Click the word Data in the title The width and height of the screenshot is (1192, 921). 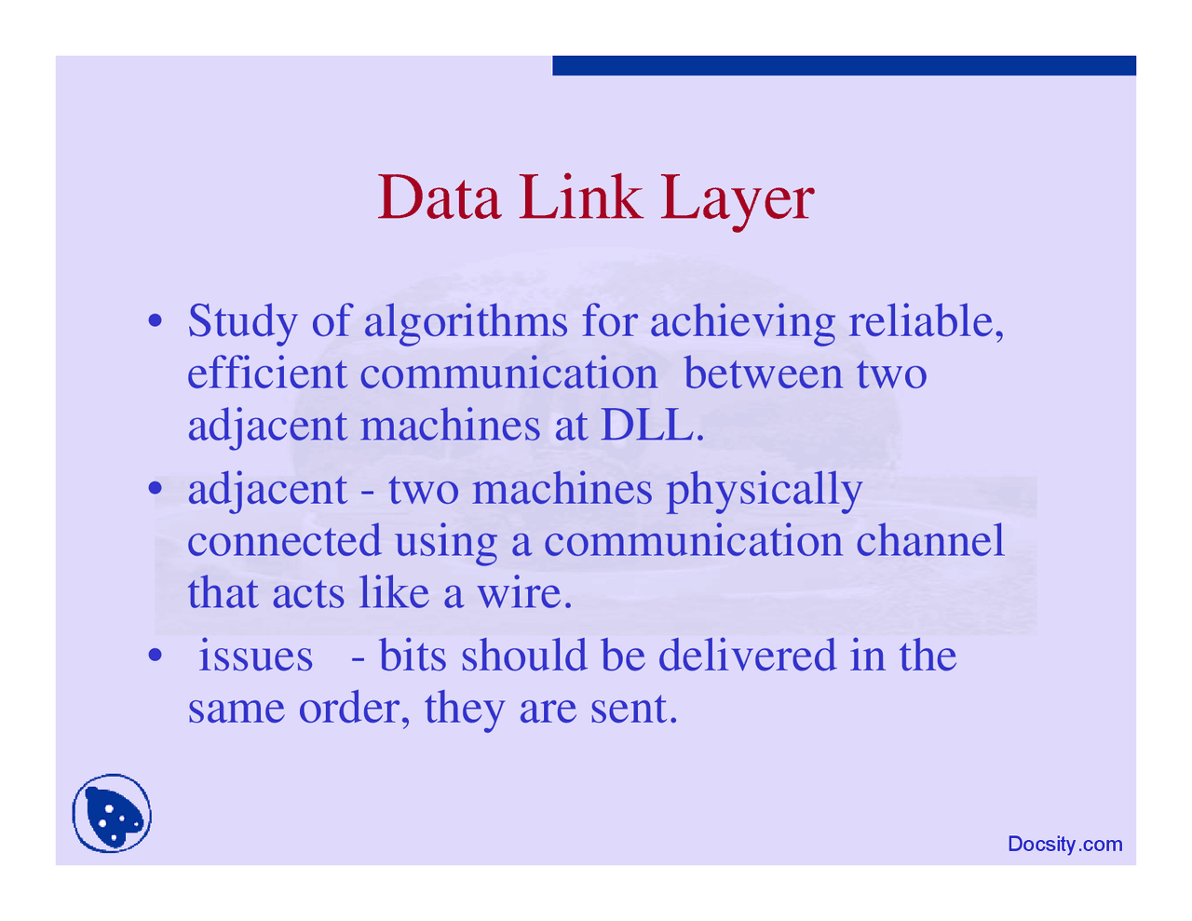pos(440,197)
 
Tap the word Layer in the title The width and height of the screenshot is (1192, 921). pos(737,199)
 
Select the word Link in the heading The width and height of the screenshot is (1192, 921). pos(580,197)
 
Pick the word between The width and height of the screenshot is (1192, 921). pos(763,373)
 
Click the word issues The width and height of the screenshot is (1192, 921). pos(255,656)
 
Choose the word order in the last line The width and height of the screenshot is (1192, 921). pos(354,709)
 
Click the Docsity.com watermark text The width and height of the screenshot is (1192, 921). pos(1064,845)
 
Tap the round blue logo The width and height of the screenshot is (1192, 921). pos(112,814)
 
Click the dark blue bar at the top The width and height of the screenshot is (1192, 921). pos(844,65)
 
